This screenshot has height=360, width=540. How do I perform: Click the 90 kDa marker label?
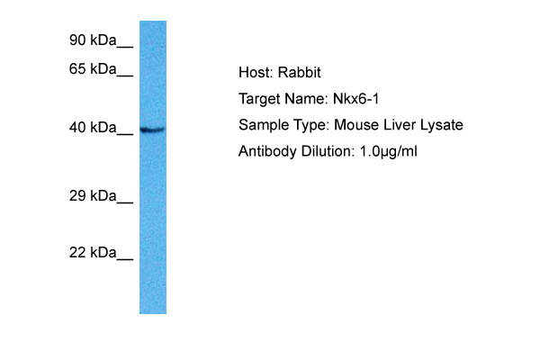[93, 40]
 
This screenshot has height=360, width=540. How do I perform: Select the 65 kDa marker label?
[93, 68]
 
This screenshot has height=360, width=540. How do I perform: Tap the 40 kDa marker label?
[93, 128]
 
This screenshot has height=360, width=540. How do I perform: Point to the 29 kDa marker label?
[93, 195]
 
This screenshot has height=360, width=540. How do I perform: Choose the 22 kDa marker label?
[93, 253]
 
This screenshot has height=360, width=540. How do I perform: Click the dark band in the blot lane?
[152, 130]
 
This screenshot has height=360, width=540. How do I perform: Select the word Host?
[255, 73]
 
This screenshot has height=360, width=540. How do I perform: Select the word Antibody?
[266, 151]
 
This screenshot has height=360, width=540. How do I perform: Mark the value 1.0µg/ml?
[387, 151]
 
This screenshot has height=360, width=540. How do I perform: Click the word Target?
[259, 99]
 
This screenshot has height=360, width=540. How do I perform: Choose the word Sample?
[261, 125]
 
